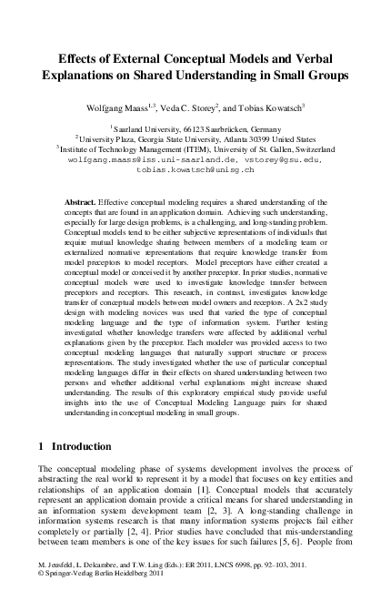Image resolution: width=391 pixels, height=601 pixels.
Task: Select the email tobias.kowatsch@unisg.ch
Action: pyautogui.click(x=196, y=169)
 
